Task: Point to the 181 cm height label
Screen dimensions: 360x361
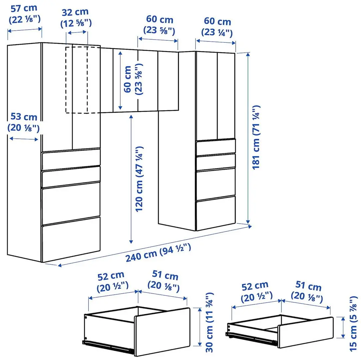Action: pyautogui.click(x=256, y=137)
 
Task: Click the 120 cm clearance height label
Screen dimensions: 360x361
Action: pyautogui.click(x=139, y=179)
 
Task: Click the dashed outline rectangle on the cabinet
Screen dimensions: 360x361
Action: pyautogui.click(x=77, y=80)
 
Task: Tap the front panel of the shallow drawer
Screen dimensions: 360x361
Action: pyautogui.click(x=305, y=332)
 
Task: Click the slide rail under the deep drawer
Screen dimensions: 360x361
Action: pyautogui.click(x=108, y=346)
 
